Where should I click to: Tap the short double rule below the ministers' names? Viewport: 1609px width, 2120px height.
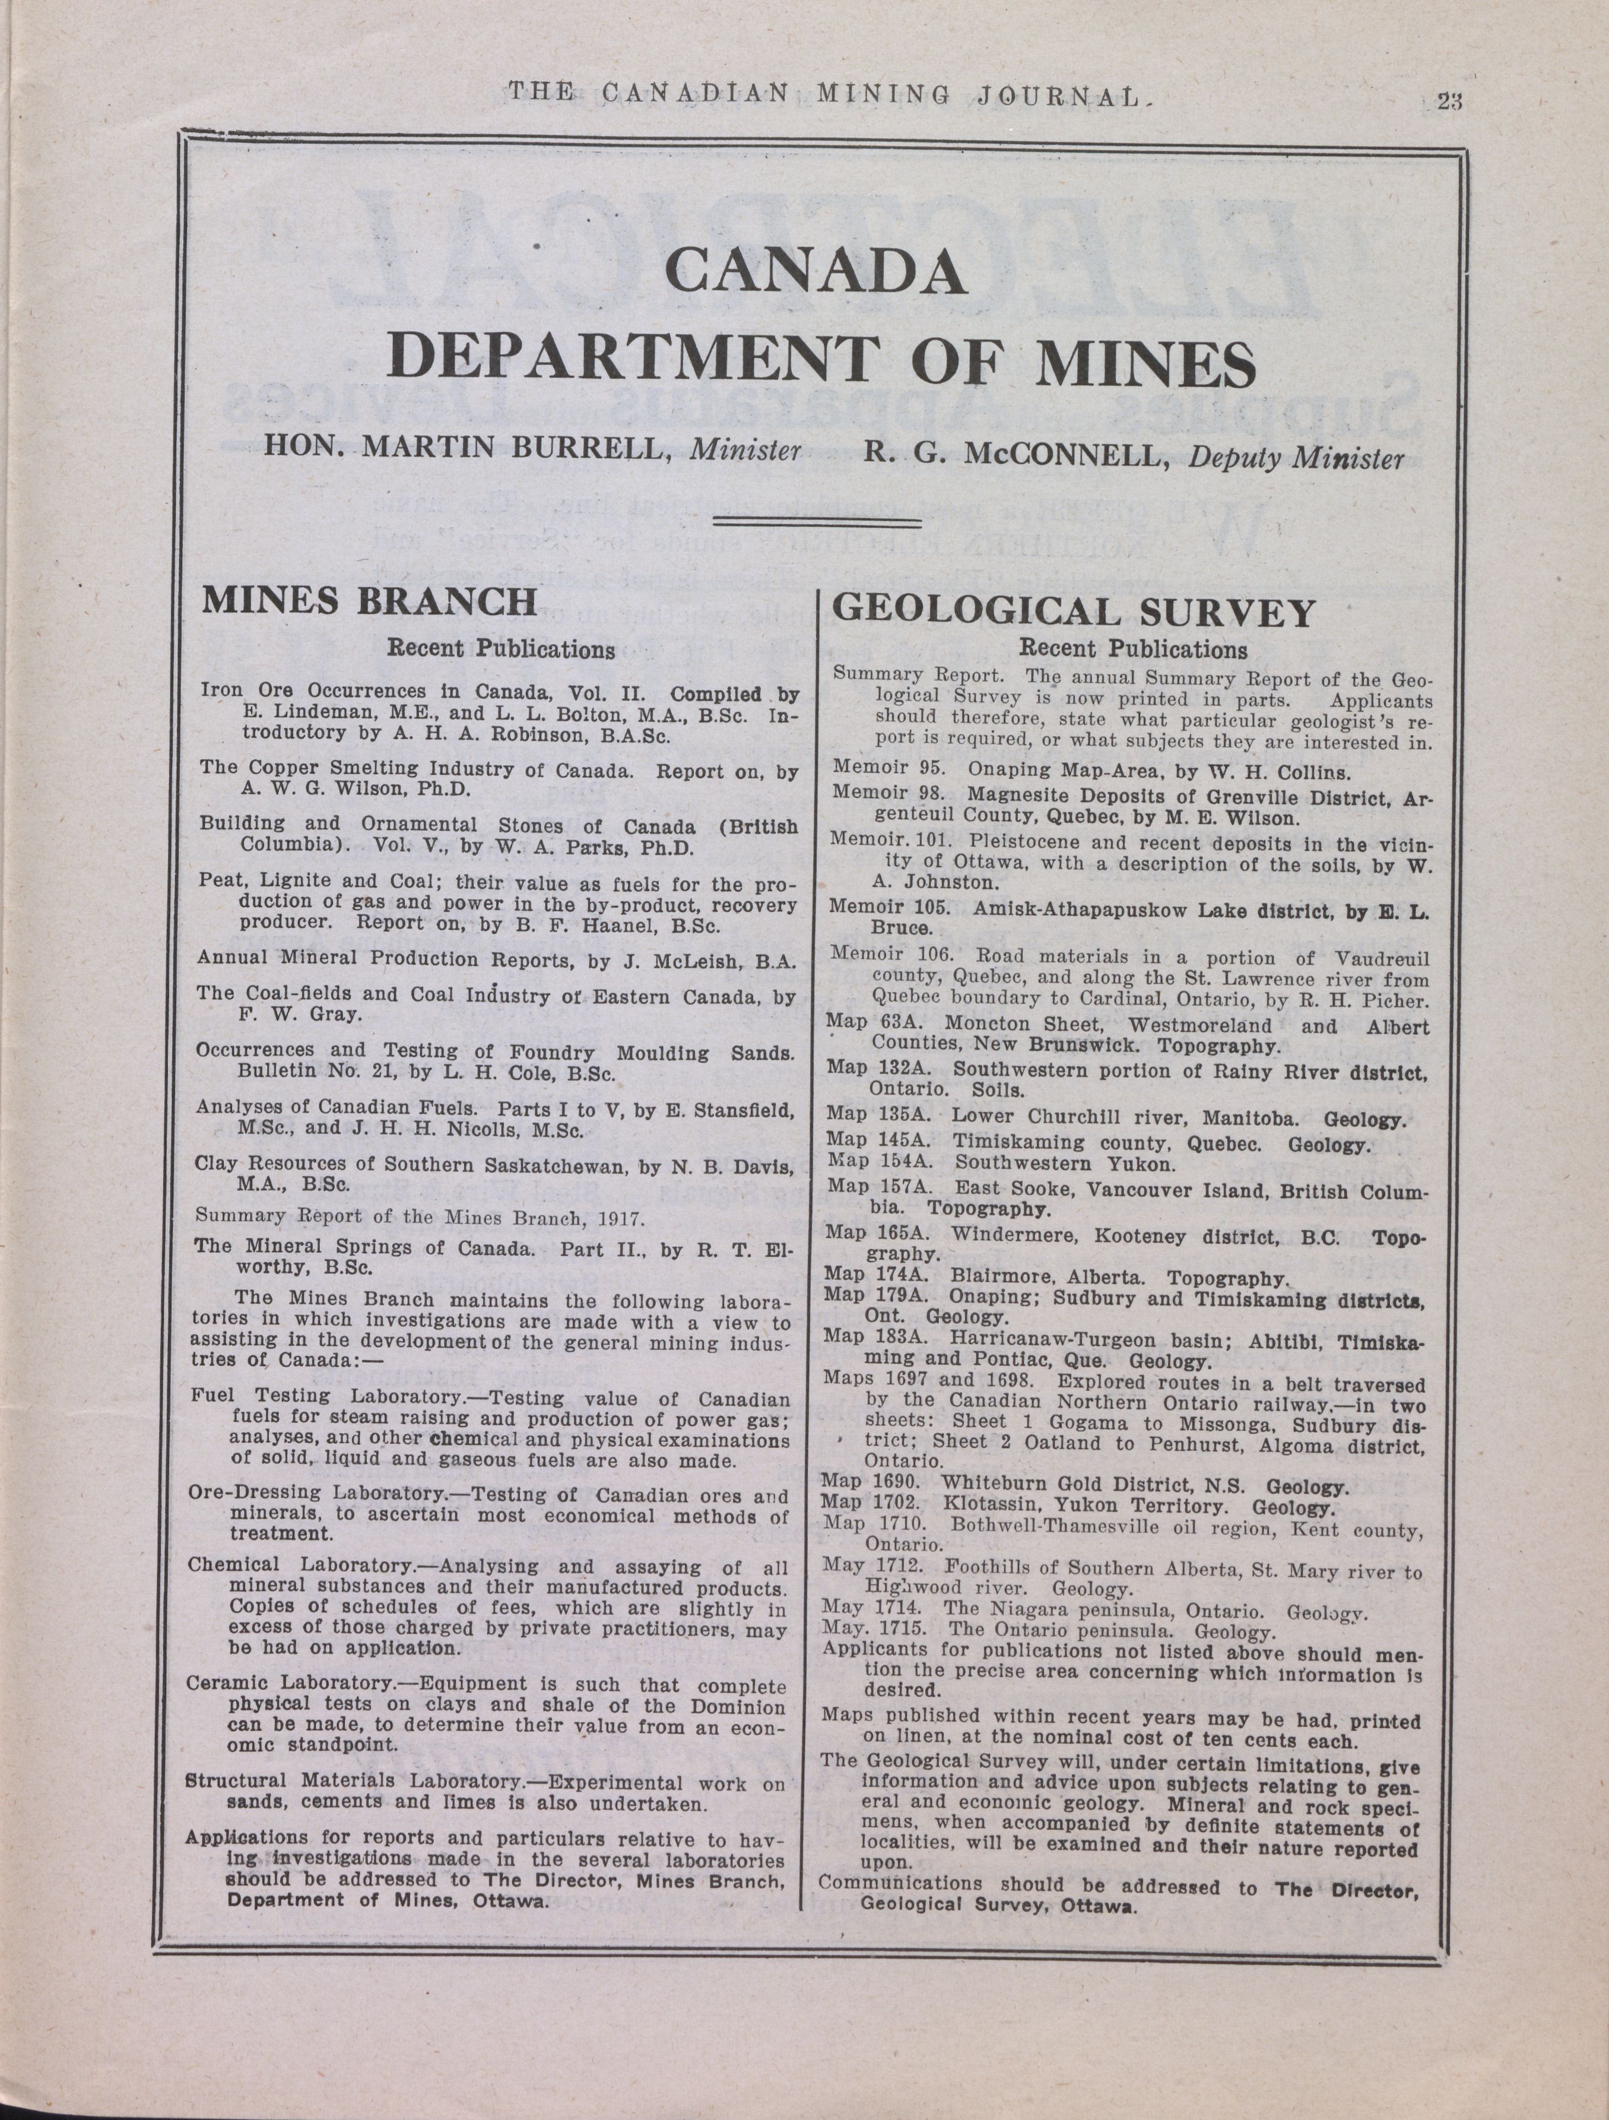coord(817,522)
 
